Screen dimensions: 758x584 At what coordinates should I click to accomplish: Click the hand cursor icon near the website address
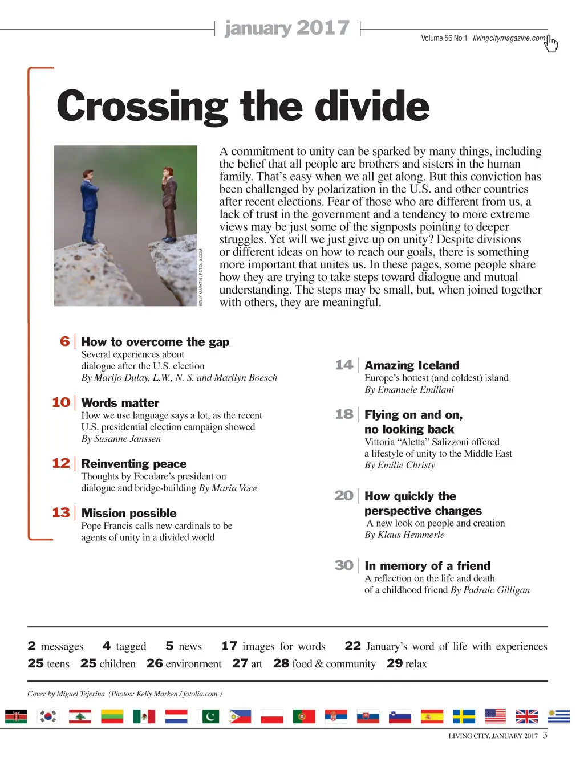click(x=551, y=43)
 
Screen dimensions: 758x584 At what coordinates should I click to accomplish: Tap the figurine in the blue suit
click(x=90, y=205)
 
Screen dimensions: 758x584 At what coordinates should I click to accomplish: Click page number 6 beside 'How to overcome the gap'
click(x=65, y=341)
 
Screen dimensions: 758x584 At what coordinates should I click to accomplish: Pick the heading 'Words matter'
click(x=120, y=403)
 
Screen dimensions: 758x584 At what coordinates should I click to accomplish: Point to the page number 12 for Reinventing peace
click(x=61, y=463)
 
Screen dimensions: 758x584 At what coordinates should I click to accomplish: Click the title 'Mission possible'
click(x=129, y=513)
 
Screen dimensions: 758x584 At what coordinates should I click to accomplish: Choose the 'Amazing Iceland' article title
click(x=412, y=365)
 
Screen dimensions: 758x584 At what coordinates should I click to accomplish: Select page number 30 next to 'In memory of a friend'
click(x=344, y=565)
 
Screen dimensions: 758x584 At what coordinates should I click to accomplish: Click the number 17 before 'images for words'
click(x=229, y=646)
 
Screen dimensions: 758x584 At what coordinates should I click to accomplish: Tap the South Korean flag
click(x=48, y=716)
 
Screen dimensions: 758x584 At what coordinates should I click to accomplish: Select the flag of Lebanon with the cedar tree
click(x=80, y=716)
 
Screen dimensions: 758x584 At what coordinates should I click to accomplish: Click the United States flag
click(x=495, y=716)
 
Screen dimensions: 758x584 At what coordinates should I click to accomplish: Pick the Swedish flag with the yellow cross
click(x=464, y=716)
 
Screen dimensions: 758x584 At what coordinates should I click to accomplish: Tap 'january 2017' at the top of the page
click(x=287, y=28)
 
